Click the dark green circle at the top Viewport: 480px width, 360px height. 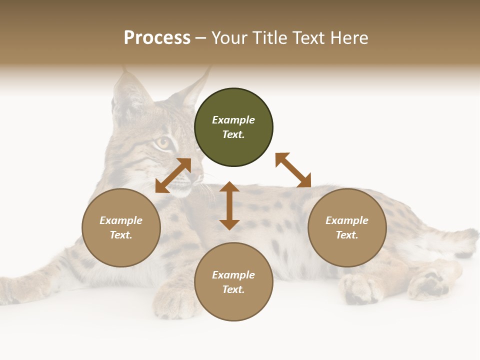tap(233, 127)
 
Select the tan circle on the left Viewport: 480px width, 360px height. tap(121, 227)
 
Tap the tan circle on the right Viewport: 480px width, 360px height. tap(347, 227)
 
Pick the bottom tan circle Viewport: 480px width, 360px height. tap(233, 282)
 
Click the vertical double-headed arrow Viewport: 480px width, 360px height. tap(229, 205)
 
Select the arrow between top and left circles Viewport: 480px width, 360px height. tap(173, 175)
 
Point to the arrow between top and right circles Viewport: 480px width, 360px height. tap(293, 170)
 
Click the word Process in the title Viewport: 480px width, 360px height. tap(157, 37)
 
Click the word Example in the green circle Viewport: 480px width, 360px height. tap(233, 120)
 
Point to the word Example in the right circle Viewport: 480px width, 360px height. tap(347, 220)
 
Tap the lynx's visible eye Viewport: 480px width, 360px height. tap(162, 143)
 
